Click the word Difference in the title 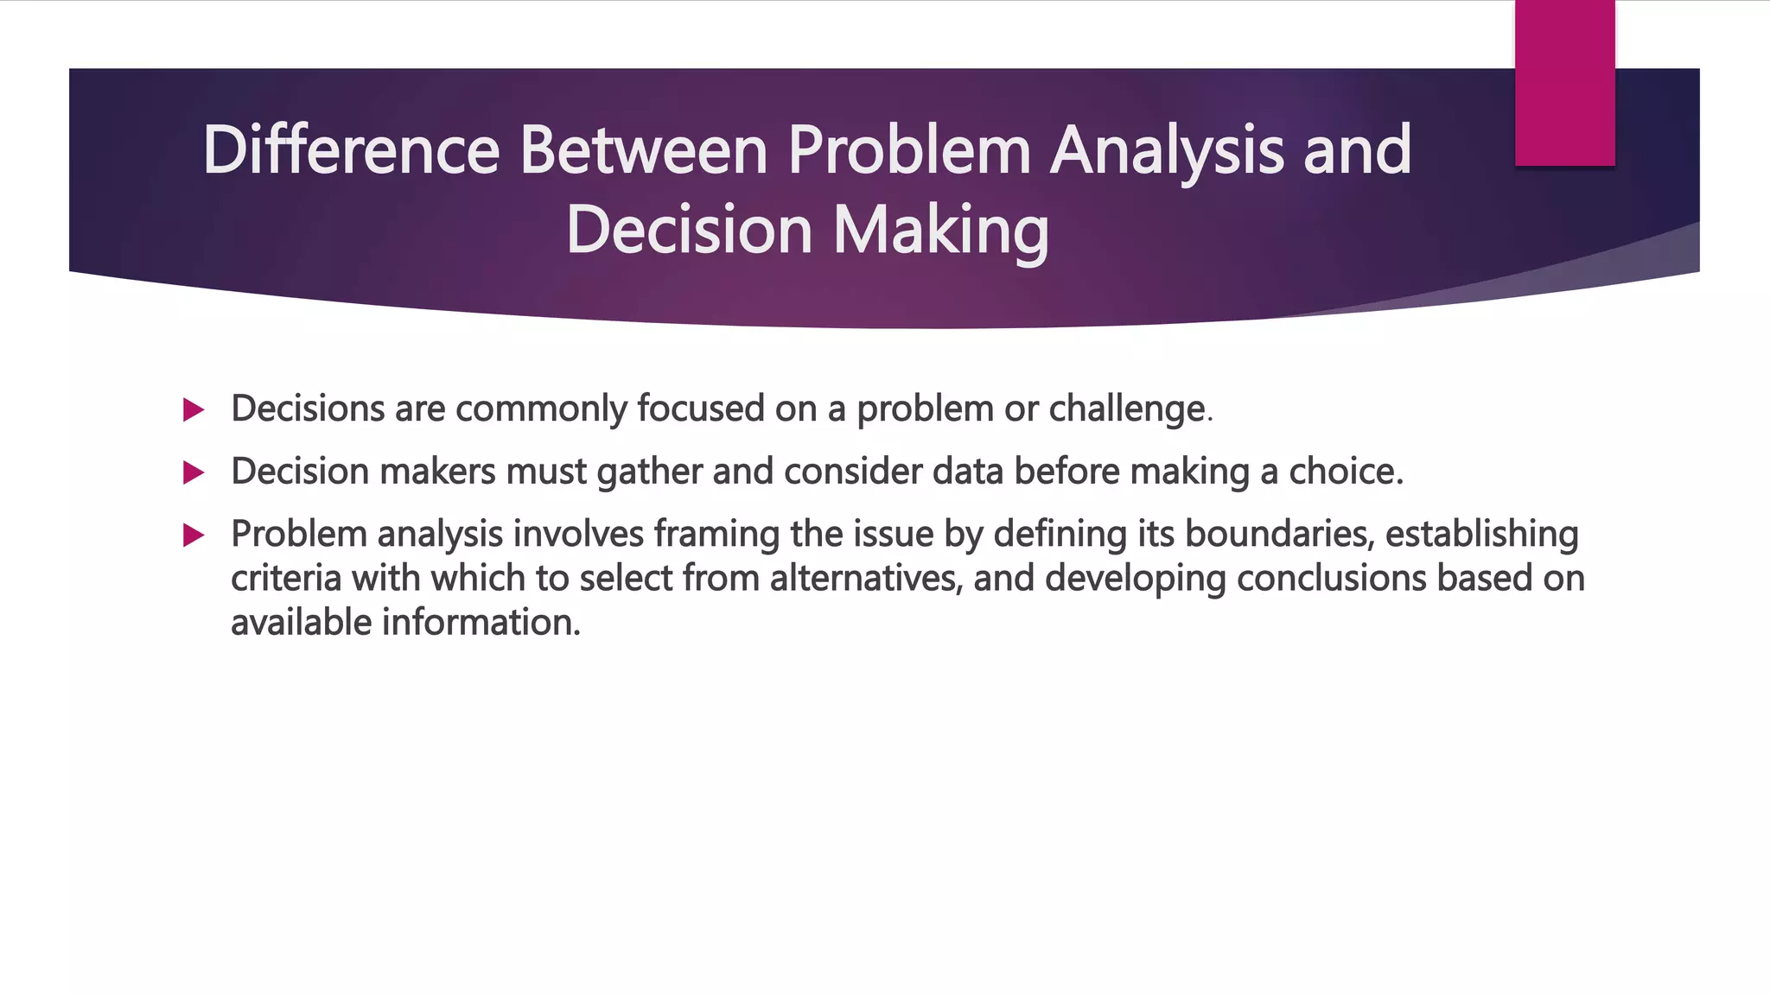pyautogui.click(x=351, y=150)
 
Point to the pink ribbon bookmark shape pyautogui.click(x=1564, y=83)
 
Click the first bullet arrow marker pyautogui.click(x=194, y=409)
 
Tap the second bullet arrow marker pyautogui.click(x=194, y=472)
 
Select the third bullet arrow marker pyautogui.click(x=194, y=536)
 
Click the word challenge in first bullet pyautogui.click(x=1127, y=409)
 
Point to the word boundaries pyautogui.click(x=1278, y=535)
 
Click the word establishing pyautogui.click(x=1481, y=535)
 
